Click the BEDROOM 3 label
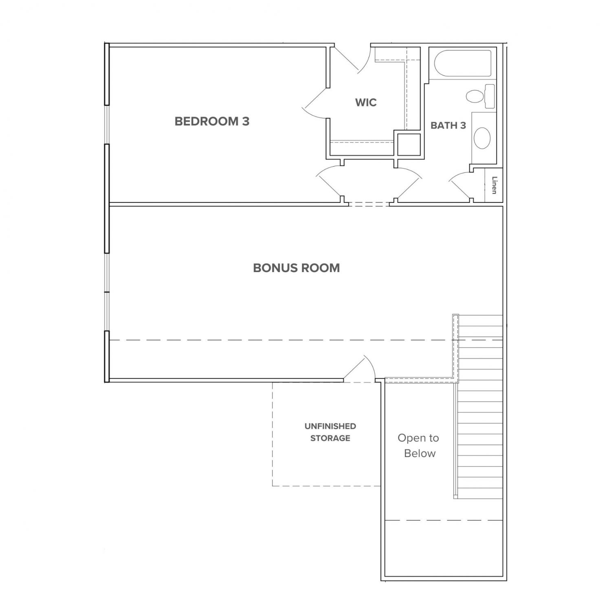click(x=212, y=121)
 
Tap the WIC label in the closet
click(x=366, y=102)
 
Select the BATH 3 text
click(x=448, y=125)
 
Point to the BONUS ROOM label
click(x=297, y=268)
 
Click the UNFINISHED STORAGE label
click(x=330, y=432)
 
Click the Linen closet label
click(x=494, y=185)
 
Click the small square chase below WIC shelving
click(x=409, y=144)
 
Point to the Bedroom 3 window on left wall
click(x=107, y=125)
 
